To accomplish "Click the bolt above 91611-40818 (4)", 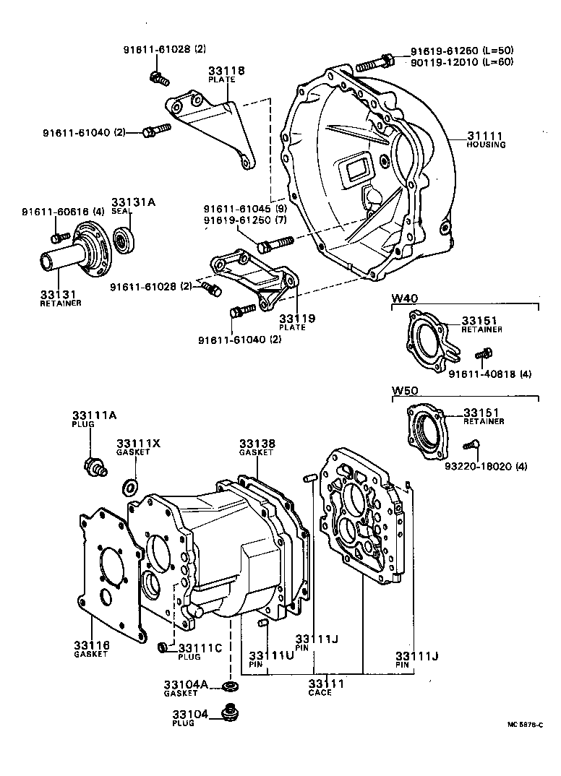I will pyautogui.click(x=483, y=355).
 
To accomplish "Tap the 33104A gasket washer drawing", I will pyautogui.click(x=230, y=684).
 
